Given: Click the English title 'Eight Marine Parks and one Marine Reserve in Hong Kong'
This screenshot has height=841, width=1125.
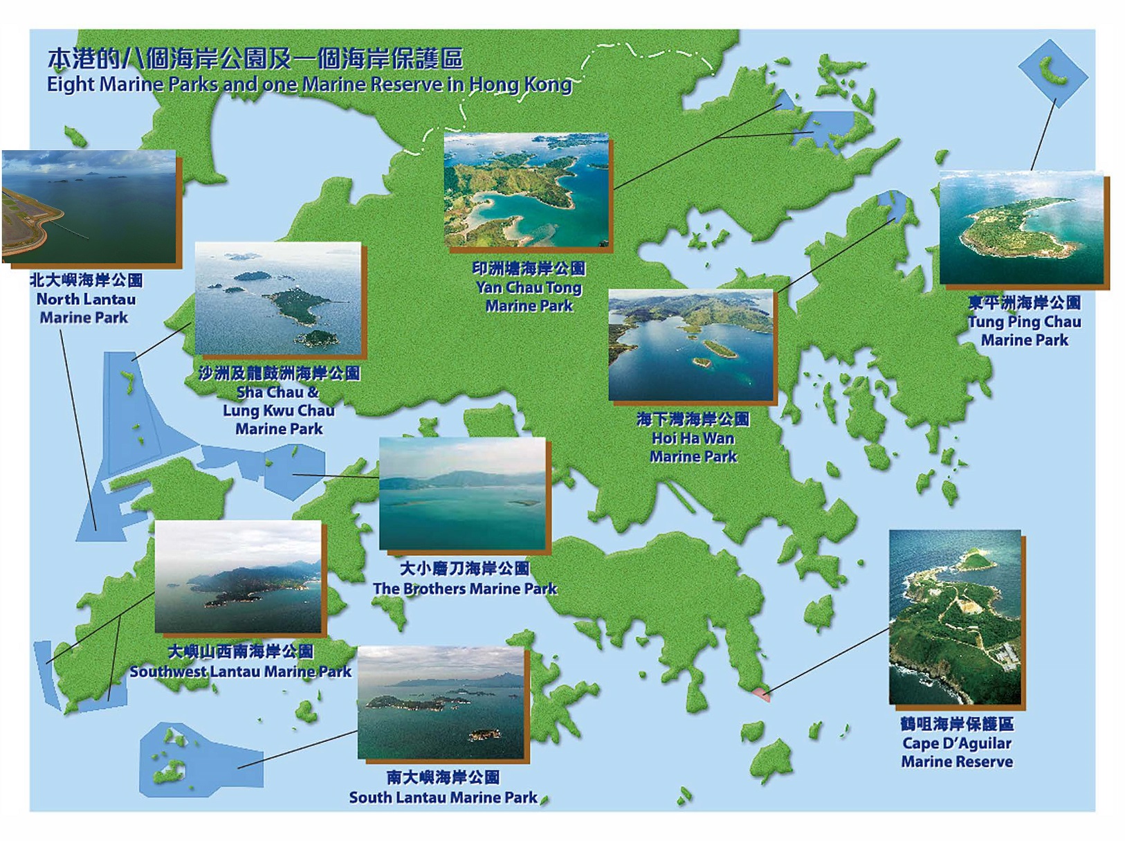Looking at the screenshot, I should (x=309, y=84).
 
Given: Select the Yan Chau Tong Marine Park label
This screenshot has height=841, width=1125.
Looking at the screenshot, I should (x=529, y=287).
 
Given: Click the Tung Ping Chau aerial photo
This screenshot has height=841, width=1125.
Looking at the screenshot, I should (x=1021, y=228).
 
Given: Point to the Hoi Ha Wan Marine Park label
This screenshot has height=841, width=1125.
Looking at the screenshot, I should (x=693, y=437).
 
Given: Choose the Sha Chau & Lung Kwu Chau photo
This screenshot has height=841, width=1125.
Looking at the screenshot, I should (x=278, y=298).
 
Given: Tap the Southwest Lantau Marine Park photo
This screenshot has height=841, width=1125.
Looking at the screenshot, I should (x=239, y=576).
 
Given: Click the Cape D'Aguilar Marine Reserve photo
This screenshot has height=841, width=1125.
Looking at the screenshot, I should (x=955, y=617).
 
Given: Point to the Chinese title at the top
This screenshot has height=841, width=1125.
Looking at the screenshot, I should (x=255, y=60).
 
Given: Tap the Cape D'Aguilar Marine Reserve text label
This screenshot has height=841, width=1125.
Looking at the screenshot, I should (x=957, y=743).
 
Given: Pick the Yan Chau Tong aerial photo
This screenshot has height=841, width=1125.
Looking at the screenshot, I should (x=526, y=190).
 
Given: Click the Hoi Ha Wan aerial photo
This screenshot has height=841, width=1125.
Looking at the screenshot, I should (x=690, y=345).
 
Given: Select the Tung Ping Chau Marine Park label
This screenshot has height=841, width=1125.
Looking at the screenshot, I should (x=1024, y=321).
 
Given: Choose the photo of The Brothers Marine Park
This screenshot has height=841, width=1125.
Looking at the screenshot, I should (x=462, y=492).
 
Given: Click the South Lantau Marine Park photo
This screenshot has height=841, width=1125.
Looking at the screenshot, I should (x=441, y=702).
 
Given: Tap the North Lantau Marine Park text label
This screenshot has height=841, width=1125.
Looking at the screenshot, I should (x=86, y=299).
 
